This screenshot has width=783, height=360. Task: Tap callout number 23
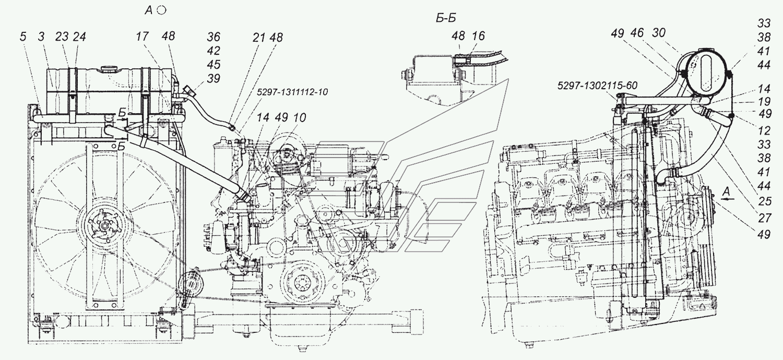62,37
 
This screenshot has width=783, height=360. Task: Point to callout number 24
79,37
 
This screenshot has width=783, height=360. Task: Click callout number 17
143,37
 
